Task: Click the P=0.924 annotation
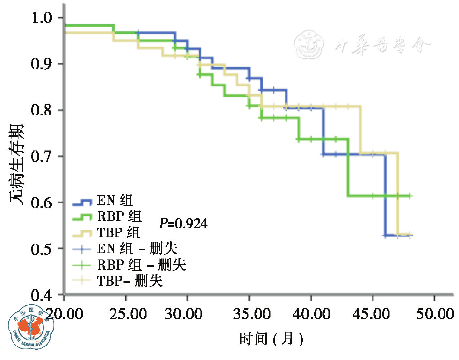click(x=184, y=224)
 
